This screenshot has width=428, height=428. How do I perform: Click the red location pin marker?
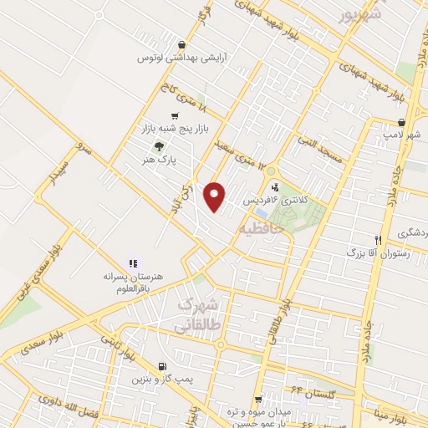tap(216, 196)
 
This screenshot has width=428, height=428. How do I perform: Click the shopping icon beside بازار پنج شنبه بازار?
tap(174, 116)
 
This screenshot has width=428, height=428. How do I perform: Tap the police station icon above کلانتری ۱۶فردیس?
tap(274, 188)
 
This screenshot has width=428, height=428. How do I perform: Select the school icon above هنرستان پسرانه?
tap(133, 264)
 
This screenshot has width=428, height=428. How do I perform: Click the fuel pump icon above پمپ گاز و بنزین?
tap(161, 366)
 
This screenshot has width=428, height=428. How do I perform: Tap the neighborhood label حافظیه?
tap(262, 226)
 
